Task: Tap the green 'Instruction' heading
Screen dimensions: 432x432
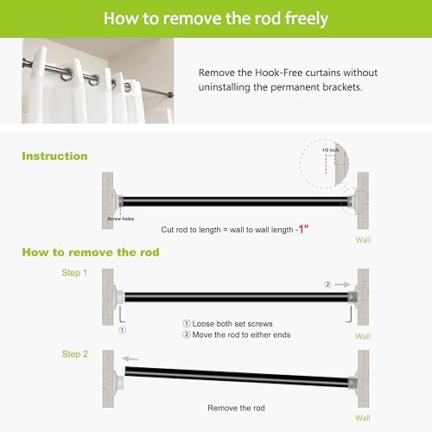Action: [54, 156]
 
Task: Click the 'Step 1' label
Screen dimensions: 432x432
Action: [73, 272]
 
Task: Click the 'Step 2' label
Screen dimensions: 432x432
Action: [73, 354]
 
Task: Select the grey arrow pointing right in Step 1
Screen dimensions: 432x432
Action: [342, 283]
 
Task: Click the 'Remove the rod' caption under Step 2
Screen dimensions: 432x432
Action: [234, 407]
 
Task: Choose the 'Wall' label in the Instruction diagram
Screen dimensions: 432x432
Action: [364, 240]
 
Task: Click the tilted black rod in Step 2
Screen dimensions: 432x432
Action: [233, 378]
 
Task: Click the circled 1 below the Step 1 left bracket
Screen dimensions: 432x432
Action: [122, 329]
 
